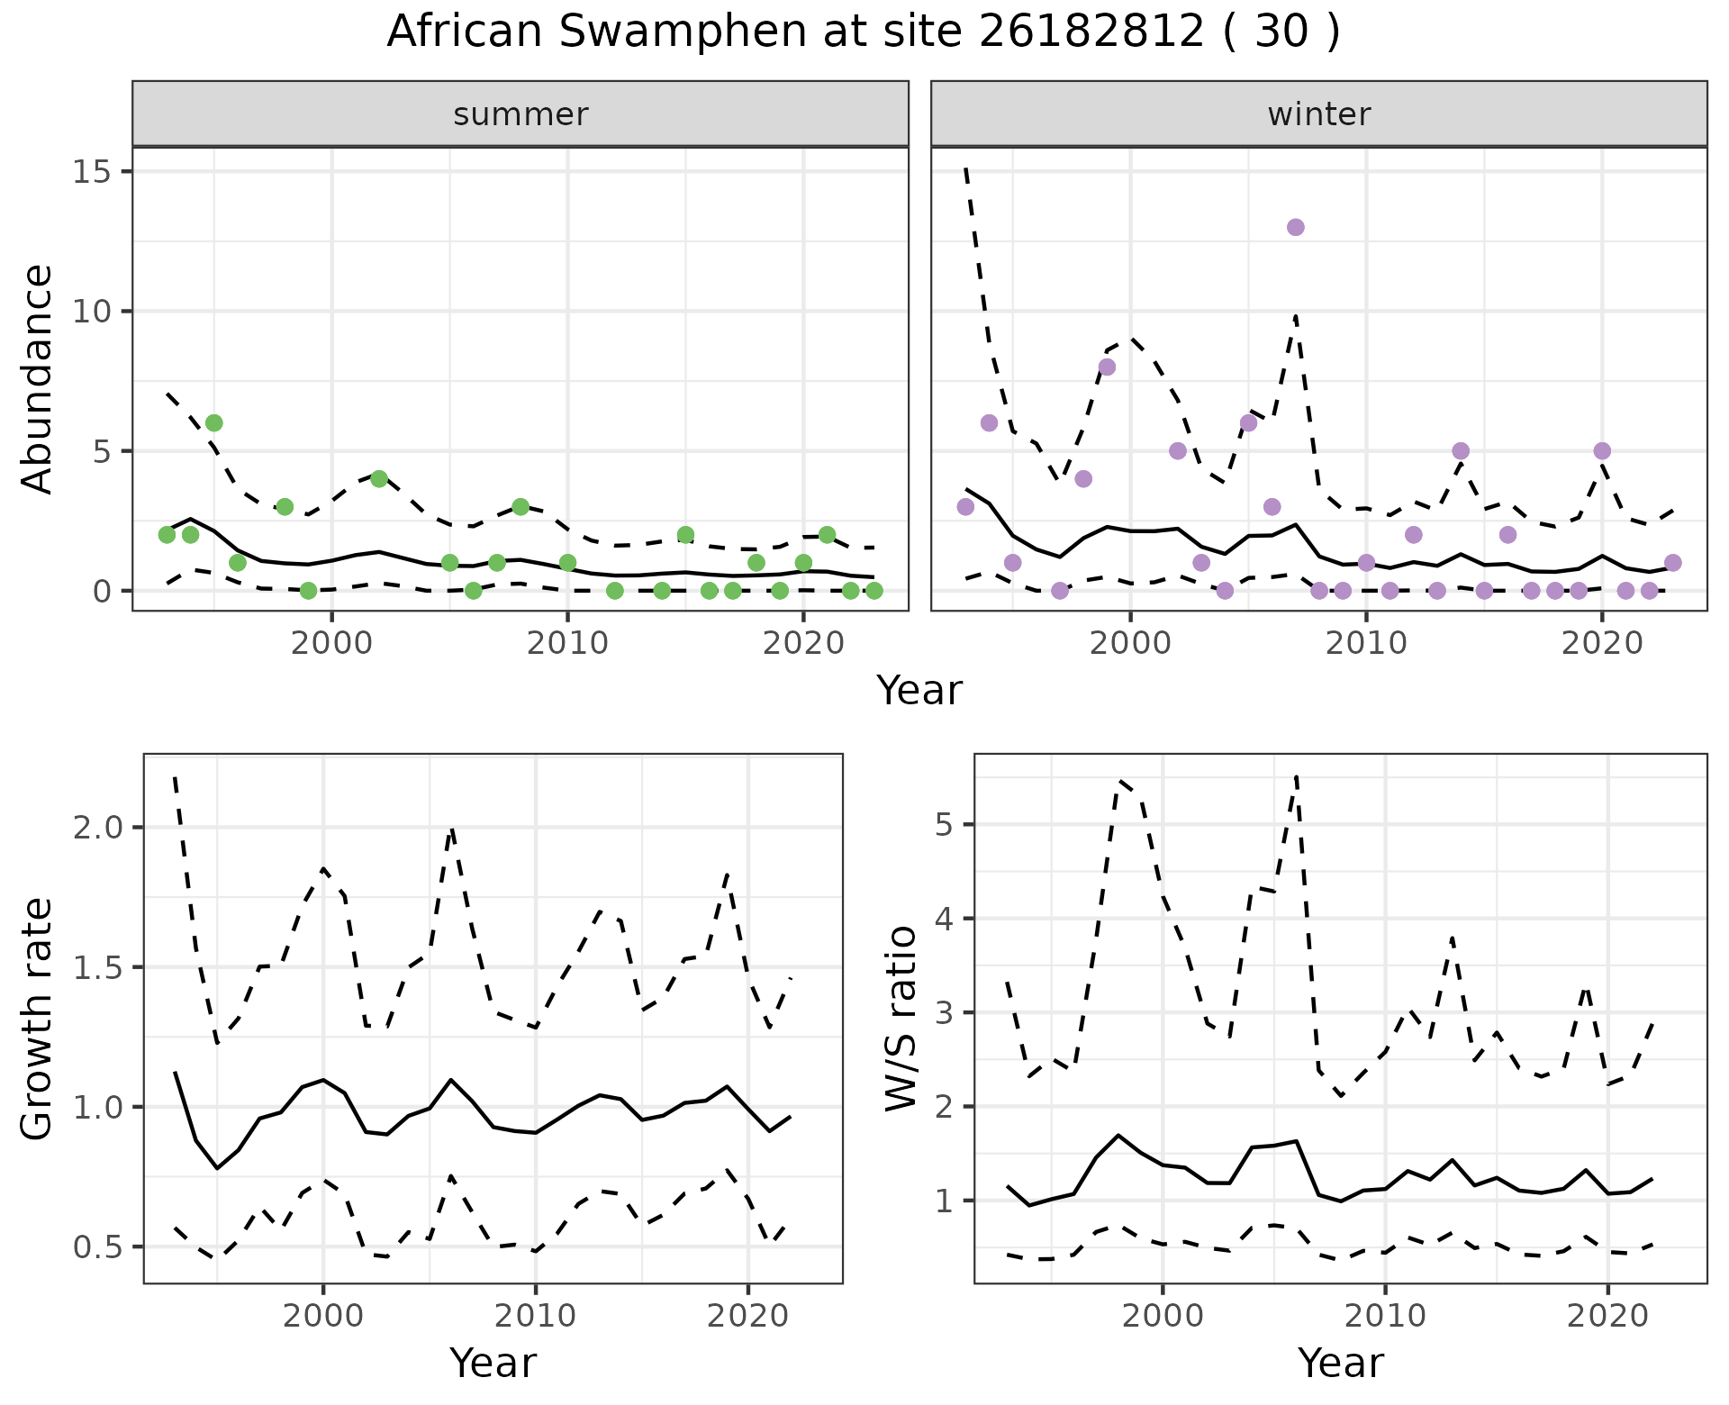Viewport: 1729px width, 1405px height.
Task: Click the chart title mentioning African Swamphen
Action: coord(863,32)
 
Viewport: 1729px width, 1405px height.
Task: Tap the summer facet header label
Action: coord(521,114)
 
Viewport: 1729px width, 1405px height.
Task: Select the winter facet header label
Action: coord(1318,114)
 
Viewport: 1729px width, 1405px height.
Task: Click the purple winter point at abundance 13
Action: coord(1295,227)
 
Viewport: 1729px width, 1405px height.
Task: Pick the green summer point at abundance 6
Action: coord(213,423)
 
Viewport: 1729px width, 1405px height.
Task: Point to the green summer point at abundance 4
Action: coord(379,478)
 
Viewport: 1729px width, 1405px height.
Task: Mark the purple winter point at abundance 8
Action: coord(1107,367)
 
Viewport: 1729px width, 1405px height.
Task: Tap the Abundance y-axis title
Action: coord(38,378)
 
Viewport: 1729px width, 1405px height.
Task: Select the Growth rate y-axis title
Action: coord(38,1018)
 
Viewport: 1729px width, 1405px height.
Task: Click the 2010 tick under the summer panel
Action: coord(567,644)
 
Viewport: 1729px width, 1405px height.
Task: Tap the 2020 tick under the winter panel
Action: coord(1601,644)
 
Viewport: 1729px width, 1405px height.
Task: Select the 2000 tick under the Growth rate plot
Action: coord(323,1316)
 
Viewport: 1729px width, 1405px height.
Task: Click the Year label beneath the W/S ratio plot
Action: coord(1340,1364)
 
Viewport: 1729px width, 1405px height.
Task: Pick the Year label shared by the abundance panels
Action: coord(919,691)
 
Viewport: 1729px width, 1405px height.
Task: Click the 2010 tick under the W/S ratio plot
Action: coord(1385,1316)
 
